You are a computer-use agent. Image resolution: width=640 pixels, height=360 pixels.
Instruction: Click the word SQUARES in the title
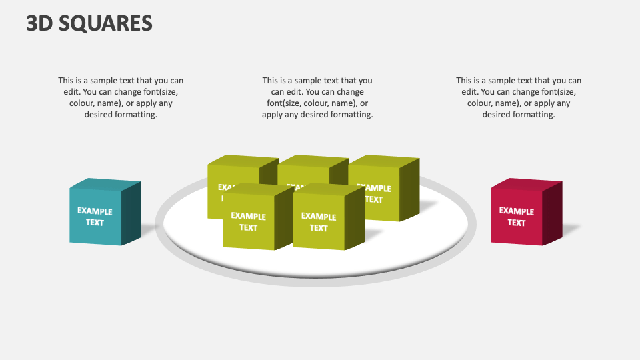pyautogui.click(x=107, y=23)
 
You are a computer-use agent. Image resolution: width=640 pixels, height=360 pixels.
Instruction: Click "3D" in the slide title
pyautogui.click(x=41, y=23)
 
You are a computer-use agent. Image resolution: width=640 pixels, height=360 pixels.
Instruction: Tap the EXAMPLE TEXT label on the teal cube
pyautogui.click(x=95, y=217)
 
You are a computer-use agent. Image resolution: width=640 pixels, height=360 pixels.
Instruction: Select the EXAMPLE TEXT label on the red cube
pyautogui.click(x=517, y=217)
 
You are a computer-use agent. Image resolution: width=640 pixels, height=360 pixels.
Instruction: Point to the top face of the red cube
pyautogui.click(x=527, y=184)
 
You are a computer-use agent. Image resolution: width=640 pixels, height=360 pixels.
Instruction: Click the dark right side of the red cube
pyautogui.click(x=553, y=211)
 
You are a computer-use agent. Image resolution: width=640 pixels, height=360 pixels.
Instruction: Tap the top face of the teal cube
pyautogui.click(x=105, y=185)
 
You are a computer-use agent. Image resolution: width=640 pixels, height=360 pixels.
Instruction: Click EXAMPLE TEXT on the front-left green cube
pyautogui.click(x=248, y=222)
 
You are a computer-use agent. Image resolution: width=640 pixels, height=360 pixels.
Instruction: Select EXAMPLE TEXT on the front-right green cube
pyautogui.click(x=319, y=222)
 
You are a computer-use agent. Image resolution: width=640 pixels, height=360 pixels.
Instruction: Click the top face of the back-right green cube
pyautogui.click(x=384, y=161)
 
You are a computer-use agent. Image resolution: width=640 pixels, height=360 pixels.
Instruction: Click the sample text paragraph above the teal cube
pyautogui.click(x=121, y=97)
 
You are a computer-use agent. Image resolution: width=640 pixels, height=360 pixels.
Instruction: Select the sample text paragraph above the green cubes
pyautogui.click(x=317, y=97)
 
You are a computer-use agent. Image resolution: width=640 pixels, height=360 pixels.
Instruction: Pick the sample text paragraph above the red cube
pyautogui.click(x=519, y=97)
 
